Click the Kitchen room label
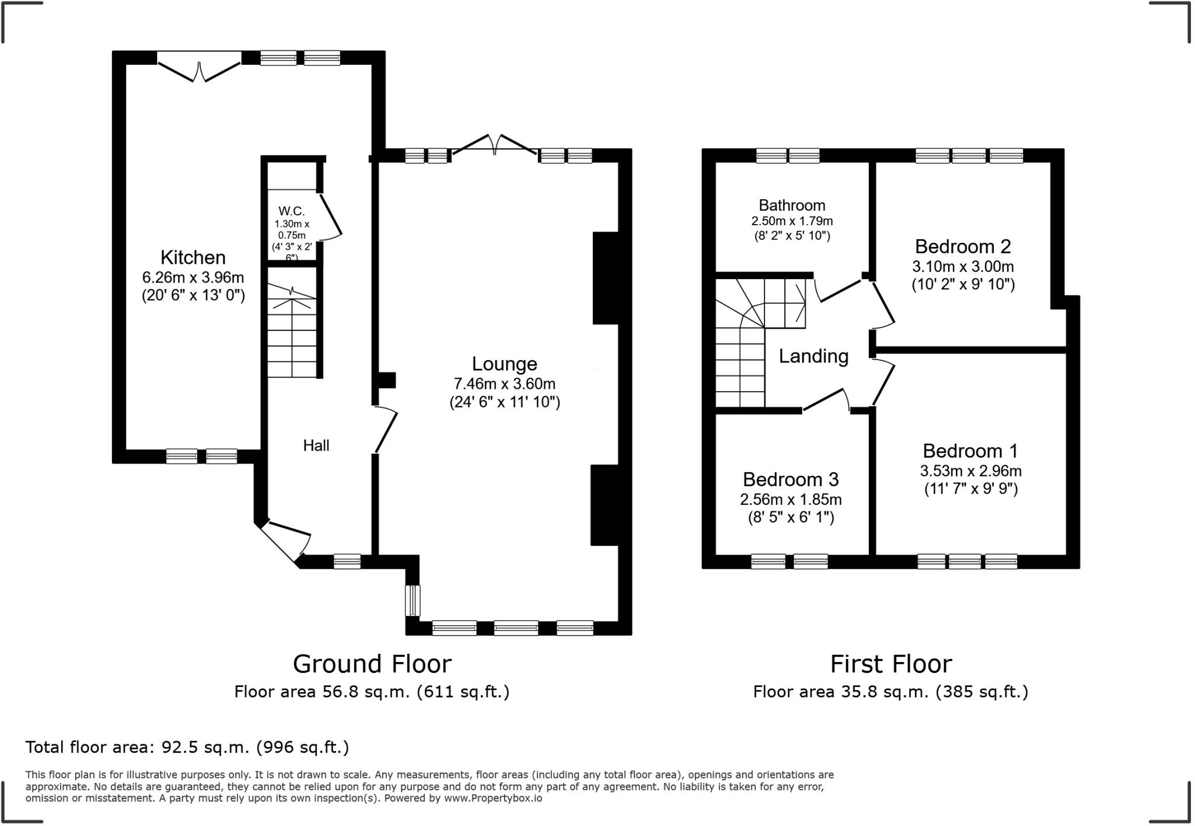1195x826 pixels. tap(193, 257)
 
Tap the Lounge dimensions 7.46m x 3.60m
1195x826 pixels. tap(504, 384)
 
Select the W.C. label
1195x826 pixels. tap(291, 211)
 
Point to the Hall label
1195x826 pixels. tap(316, 446)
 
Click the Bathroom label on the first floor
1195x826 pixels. tap(791, 205)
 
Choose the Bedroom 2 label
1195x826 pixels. tap(962, 246)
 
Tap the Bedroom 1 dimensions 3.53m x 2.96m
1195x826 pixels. tap(970, 470)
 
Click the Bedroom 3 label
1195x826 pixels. tap(790, 479)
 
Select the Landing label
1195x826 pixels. tap(813, 356)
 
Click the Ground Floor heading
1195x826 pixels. tap(372, 664)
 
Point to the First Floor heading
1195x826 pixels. tap(890, 664)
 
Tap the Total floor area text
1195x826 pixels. tap(187, 747)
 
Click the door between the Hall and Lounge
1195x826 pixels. tap(385, 430)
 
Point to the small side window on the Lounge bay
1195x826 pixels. tap(413, 600)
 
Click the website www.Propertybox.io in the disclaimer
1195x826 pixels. tap(492, 798)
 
